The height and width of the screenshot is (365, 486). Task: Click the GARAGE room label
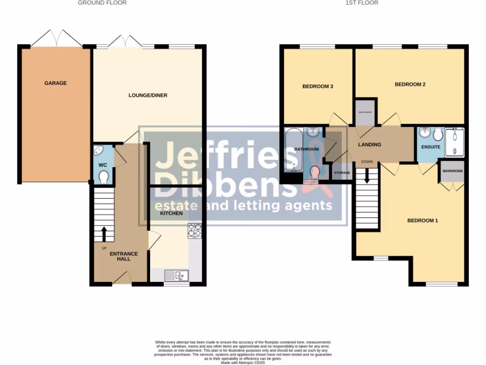tap(56, 83)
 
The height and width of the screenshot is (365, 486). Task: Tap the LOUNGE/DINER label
tap(148, 96)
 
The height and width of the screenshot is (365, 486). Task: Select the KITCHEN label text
tap(171, 213)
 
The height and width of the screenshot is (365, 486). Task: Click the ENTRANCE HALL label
tap(123, 257)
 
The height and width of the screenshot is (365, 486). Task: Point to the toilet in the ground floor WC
tap(104, 177)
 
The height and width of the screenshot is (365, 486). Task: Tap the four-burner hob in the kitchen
tap(195, 230)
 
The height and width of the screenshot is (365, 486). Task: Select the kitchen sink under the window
tap(176, 275)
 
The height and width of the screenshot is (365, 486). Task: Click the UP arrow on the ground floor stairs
tap(104, 234)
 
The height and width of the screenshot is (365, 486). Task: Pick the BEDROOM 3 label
tap(318, 86)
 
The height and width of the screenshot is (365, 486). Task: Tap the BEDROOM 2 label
tap(410, 85)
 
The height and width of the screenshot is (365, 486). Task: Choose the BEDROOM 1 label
tap(422, 221)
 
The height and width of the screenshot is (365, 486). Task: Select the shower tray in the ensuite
tap(455, 142)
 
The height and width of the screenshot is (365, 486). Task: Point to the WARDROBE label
tap(452, 171)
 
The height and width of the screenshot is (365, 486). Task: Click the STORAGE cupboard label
tap(342, 173)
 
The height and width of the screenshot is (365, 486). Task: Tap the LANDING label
tap(369, 145)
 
